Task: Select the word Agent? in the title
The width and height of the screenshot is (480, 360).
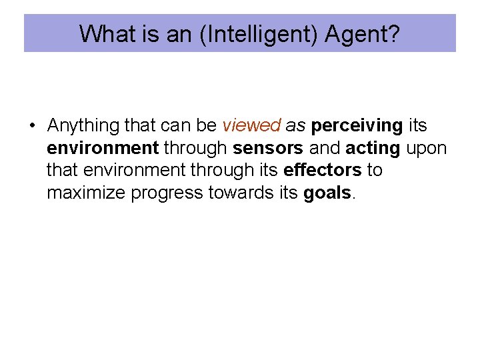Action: (363, 34)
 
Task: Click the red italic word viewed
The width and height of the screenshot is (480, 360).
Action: (251, 125)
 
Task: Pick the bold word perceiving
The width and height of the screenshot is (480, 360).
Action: (357, 125)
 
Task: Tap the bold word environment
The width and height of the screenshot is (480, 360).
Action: (102, 148)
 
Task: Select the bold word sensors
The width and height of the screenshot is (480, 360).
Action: (268, 148)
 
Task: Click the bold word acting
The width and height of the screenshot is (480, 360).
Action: (373, 148)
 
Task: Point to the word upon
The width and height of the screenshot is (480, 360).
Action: (426, 148)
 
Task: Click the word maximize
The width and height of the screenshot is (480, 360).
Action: (87, 193)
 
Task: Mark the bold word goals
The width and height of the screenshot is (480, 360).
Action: (327, 193)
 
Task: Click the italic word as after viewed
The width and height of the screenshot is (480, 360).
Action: (295, 125)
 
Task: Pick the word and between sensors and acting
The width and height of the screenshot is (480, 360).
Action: (325, 148)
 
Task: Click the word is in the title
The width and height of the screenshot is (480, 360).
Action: (149, 34)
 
